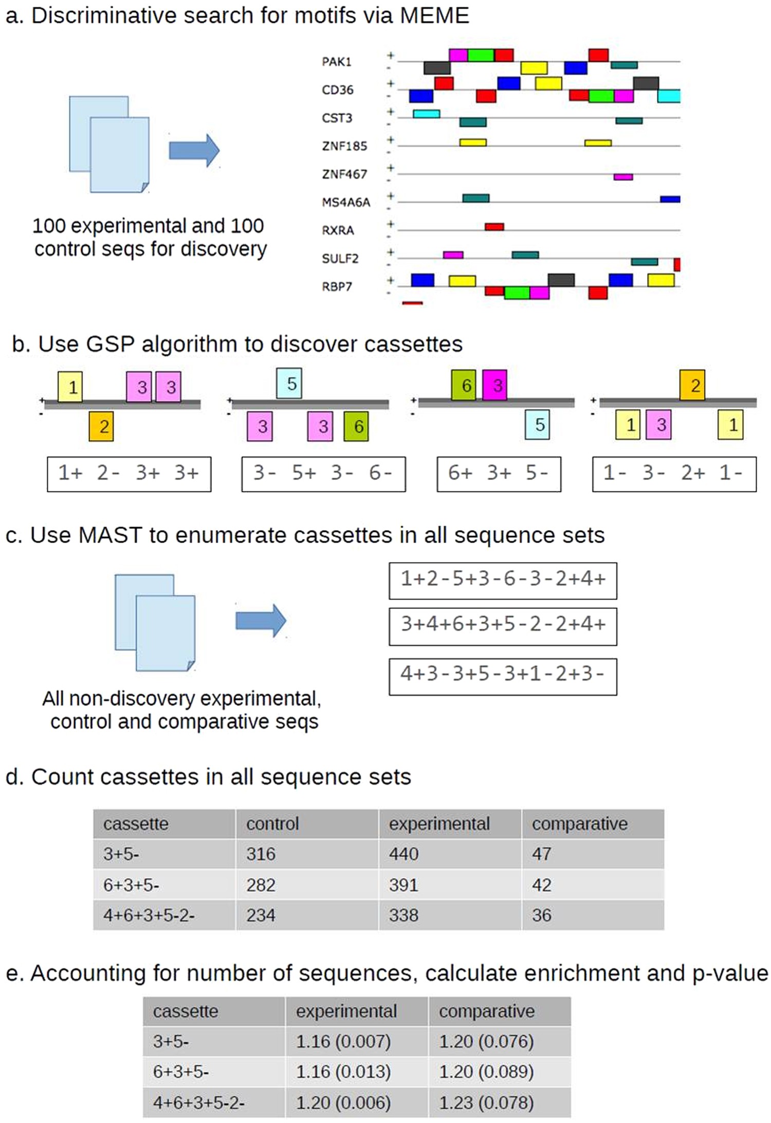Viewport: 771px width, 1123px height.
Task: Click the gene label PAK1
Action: (336, 62)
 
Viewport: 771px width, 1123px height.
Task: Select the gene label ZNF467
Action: (344, 174)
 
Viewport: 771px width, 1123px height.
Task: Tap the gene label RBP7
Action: (337, 286)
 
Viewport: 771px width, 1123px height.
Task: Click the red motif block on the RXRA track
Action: (494, 226)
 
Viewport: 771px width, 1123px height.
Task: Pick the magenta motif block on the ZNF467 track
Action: (623, 177)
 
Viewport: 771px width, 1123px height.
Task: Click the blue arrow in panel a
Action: (194, 151)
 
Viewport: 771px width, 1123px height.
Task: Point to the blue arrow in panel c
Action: (261, 621)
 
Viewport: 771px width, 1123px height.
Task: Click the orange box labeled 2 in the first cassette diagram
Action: (101, 426)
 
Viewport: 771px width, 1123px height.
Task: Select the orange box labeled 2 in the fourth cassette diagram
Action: (692, 385)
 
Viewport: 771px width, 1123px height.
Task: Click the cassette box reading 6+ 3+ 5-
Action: (499, 474)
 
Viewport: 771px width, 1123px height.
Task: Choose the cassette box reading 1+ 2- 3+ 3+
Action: (129, 474)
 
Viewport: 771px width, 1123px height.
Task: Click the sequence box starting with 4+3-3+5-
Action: (503, 676)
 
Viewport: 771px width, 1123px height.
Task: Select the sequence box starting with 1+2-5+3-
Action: (503, 581)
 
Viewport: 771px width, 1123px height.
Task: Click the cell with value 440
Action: (404, 854)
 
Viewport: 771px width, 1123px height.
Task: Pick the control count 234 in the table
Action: (261, 915)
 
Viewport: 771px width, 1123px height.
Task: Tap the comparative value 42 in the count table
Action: (542, 885)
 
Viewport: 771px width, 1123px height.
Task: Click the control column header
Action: (272, 824)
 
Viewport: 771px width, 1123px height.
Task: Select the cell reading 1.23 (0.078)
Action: (486, 1102)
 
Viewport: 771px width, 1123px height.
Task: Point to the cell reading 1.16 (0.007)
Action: (343, 1041)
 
